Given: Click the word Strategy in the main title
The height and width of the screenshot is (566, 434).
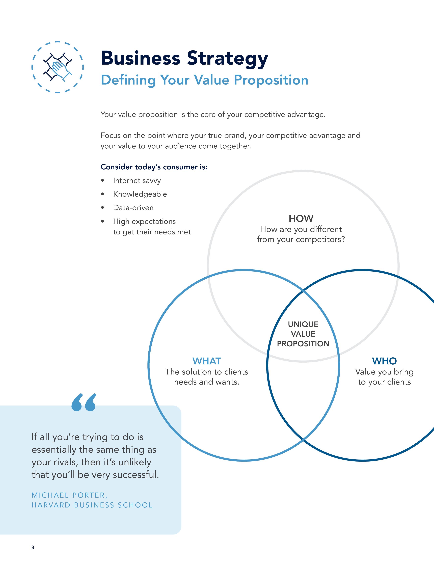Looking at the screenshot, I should click(x=227, y=58).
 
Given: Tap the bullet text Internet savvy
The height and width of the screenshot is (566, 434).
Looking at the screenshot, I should click(x=137, y=181).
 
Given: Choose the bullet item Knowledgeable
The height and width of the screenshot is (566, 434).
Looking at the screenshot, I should click(x=140, y=194).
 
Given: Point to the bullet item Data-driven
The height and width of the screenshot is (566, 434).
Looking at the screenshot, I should click(x=133, y=208).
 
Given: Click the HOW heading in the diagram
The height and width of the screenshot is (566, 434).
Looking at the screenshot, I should click(x=301, y=219).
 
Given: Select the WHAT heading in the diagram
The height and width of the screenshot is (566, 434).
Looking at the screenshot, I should click(x=207, y=361).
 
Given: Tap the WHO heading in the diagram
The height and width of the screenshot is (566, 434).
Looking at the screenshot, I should click(x=384, y=361).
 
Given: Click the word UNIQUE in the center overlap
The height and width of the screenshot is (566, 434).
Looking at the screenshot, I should click(x=303, y=324).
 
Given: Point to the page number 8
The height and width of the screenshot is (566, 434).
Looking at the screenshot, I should click(x=33, y=547).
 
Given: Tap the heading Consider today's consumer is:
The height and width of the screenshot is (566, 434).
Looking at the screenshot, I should click(x=154, y=167).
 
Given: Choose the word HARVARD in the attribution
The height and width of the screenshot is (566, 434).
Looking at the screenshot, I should click(x=51, y=505).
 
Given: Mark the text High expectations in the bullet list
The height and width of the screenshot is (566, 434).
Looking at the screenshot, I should click(x=144, y=221).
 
